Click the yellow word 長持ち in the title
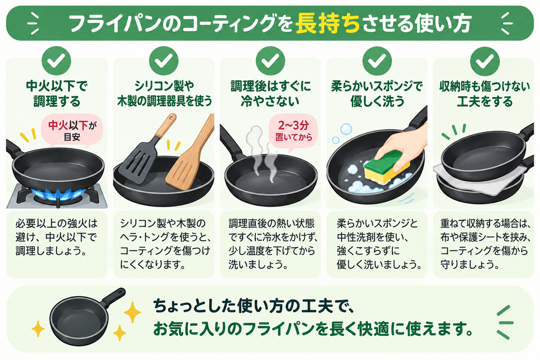(327, 23)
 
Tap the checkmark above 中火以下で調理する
(56, 61)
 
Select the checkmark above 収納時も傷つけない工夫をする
(485, 61)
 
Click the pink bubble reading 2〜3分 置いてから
(293, 131)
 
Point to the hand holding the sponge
(402, 147)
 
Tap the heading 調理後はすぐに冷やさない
(271, 94)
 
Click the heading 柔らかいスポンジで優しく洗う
(377, 94)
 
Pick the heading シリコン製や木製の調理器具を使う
(165, 94)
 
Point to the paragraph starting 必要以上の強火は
(56, 237)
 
